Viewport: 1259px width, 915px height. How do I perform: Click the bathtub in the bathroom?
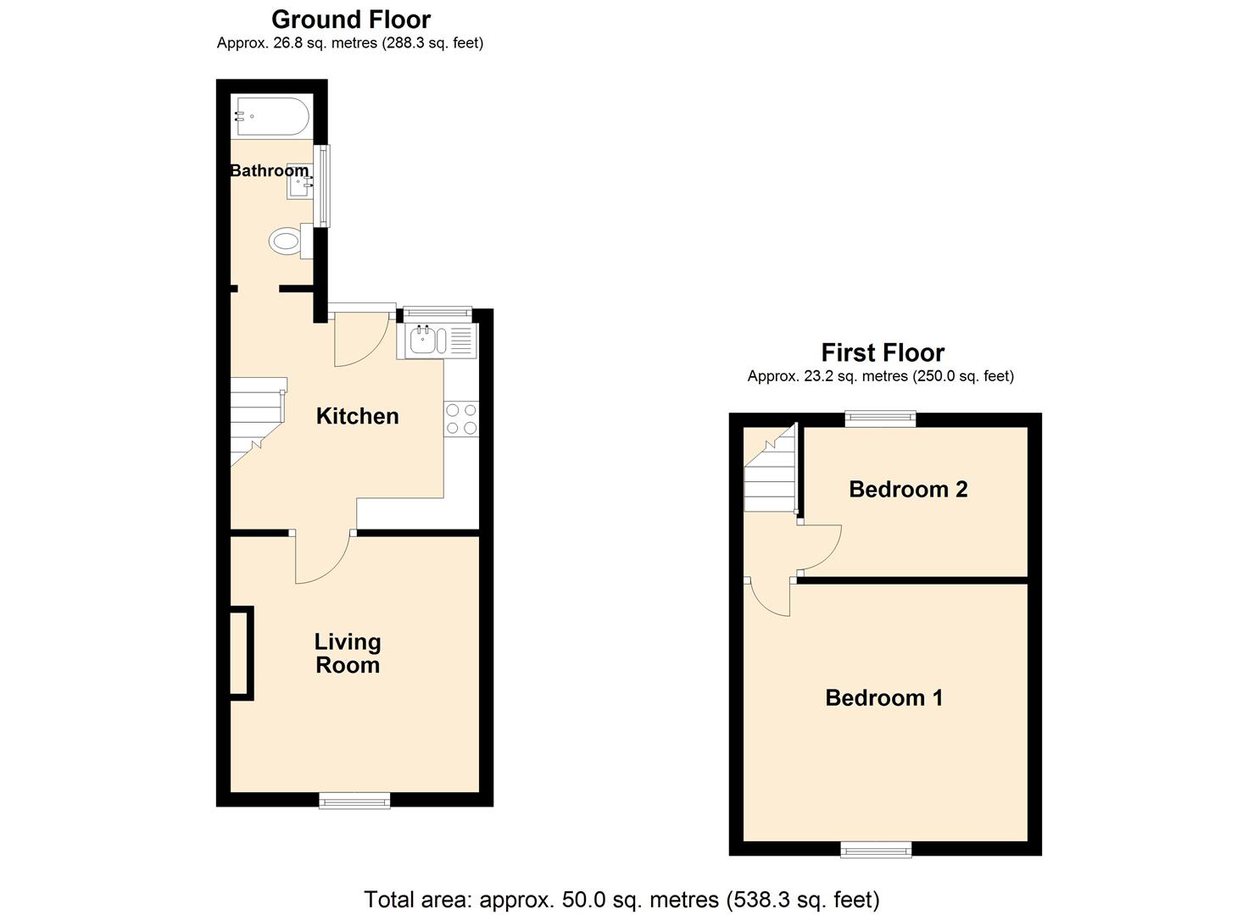click(271, 116)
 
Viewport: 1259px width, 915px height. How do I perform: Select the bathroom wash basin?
click(299, 180)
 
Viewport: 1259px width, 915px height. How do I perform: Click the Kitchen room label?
click(357, 416)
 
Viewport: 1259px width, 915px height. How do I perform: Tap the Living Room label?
click(348, 653)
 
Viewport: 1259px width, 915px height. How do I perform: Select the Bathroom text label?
click(269, 170)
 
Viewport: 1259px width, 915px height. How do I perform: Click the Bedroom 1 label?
click(883, 697)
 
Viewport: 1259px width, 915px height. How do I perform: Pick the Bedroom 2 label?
click(907, 489)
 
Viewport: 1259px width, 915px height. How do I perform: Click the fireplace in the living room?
click(242, 653)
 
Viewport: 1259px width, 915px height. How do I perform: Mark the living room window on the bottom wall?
click(354, 800)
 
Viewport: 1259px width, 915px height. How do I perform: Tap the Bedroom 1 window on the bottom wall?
click(876, 849)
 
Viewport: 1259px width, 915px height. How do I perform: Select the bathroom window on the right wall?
click(321, 186)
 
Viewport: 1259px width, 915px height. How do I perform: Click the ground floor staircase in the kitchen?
click(255, 419)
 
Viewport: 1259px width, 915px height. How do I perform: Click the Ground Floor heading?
click(350, 19)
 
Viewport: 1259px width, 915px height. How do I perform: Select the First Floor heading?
click(882, 352)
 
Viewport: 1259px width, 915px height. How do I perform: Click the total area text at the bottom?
click(621, 899)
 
